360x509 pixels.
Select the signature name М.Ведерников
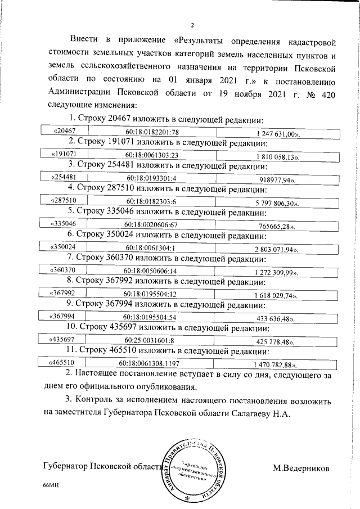[301, 467]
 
